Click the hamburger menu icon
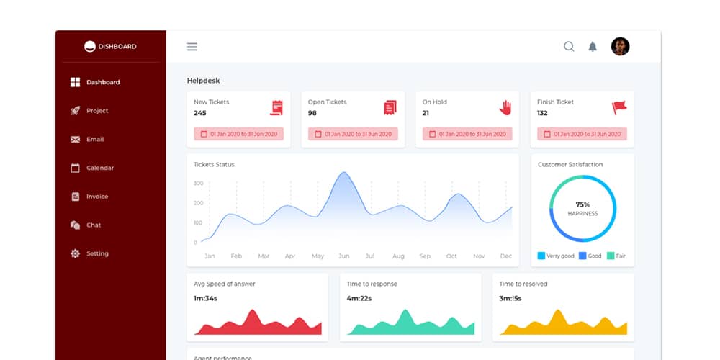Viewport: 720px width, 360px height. tap(192, 47)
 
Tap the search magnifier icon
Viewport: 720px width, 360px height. tap(569, 47)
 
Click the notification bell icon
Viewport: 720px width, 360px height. tap(593, 47)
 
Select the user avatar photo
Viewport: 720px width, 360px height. tap(620, 47)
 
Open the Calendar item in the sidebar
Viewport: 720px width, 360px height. tap(99, 168)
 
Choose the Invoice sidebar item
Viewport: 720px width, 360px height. tap(96, 197)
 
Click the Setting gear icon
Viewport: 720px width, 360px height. tap(75, 253)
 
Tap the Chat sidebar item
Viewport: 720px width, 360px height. tap(93, 225)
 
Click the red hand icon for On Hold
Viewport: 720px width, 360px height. tap(505, 107)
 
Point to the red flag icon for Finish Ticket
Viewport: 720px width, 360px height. tap(619, 107)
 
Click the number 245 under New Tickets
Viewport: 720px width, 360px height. tap(200, 113)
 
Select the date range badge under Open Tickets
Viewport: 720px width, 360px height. tap(353, 134)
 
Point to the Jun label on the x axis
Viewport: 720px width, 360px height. tap(344, 256)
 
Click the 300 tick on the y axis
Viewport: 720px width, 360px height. tap(199, 184)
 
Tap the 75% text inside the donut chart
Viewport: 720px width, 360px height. tap(582, 204)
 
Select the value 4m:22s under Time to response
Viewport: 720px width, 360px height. tap(359, 298)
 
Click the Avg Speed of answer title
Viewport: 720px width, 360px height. tap(225, 284)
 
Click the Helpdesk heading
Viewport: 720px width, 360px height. tap(203, 81)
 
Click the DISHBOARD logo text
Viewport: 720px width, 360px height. tap(117, 47)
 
